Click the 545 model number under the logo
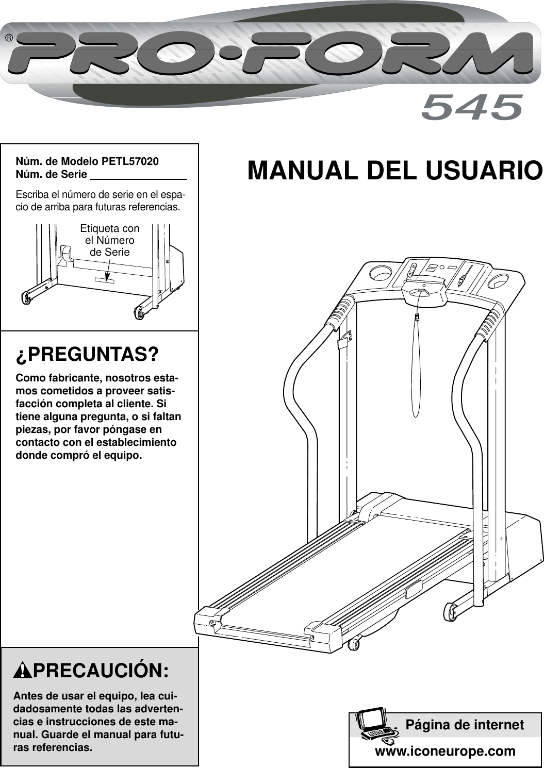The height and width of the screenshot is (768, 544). (471, 107)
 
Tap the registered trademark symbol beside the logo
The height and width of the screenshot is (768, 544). (9, 39)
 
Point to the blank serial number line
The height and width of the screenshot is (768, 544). (138, 175)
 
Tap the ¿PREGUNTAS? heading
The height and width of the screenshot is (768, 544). (87, 355)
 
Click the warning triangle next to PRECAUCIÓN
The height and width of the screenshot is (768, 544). (23, 671)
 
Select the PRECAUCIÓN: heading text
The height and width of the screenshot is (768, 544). (101, 671)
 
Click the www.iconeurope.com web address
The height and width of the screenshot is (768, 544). (445, 751)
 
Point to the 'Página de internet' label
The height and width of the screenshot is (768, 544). (464, 725)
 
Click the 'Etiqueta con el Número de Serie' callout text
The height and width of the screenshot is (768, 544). (109, 240)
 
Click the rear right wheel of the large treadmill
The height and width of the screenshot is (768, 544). (450, 611)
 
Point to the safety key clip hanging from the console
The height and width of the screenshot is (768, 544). (417, 318)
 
